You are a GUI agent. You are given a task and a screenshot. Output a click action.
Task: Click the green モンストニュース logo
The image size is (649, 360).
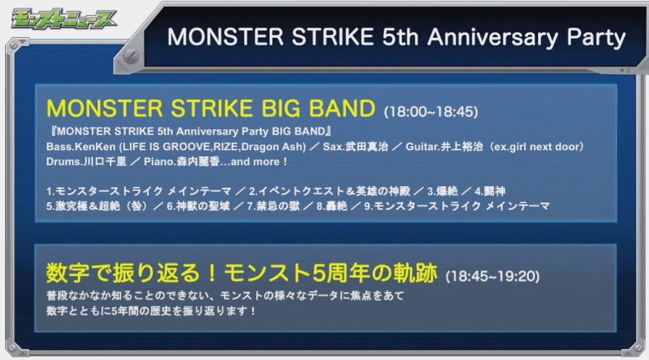pyautogui.click(x=63, y=19)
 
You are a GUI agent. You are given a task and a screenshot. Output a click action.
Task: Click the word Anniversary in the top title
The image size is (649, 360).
pyautogui.click(x=493, y=37)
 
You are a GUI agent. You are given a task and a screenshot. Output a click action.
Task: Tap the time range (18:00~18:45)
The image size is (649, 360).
pyautogui.click(x=431, y=112)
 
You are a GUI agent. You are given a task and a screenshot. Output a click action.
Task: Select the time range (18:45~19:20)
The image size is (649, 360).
pyautogui.click(x=493, y=276)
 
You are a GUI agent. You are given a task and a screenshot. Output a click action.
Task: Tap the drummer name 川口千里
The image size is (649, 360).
pyautogui.click(x=105, y=161)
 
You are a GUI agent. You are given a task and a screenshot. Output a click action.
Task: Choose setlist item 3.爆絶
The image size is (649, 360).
pyautogui.click(x=442, y=191)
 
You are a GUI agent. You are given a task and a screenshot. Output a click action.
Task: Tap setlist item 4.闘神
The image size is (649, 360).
pyautogui.click(x=490, y=191)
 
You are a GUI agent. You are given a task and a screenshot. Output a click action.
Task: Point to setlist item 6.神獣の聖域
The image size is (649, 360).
pyautogui.click(x=198, y=206)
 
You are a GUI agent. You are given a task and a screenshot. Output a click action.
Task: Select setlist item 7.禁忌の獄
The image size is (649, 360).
pyautogui.click(x=274, y=206)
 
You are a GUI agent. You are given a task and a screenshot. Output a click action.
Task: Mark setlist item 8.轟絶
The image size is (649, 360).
pyautogui.click(x=332, y=206)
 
